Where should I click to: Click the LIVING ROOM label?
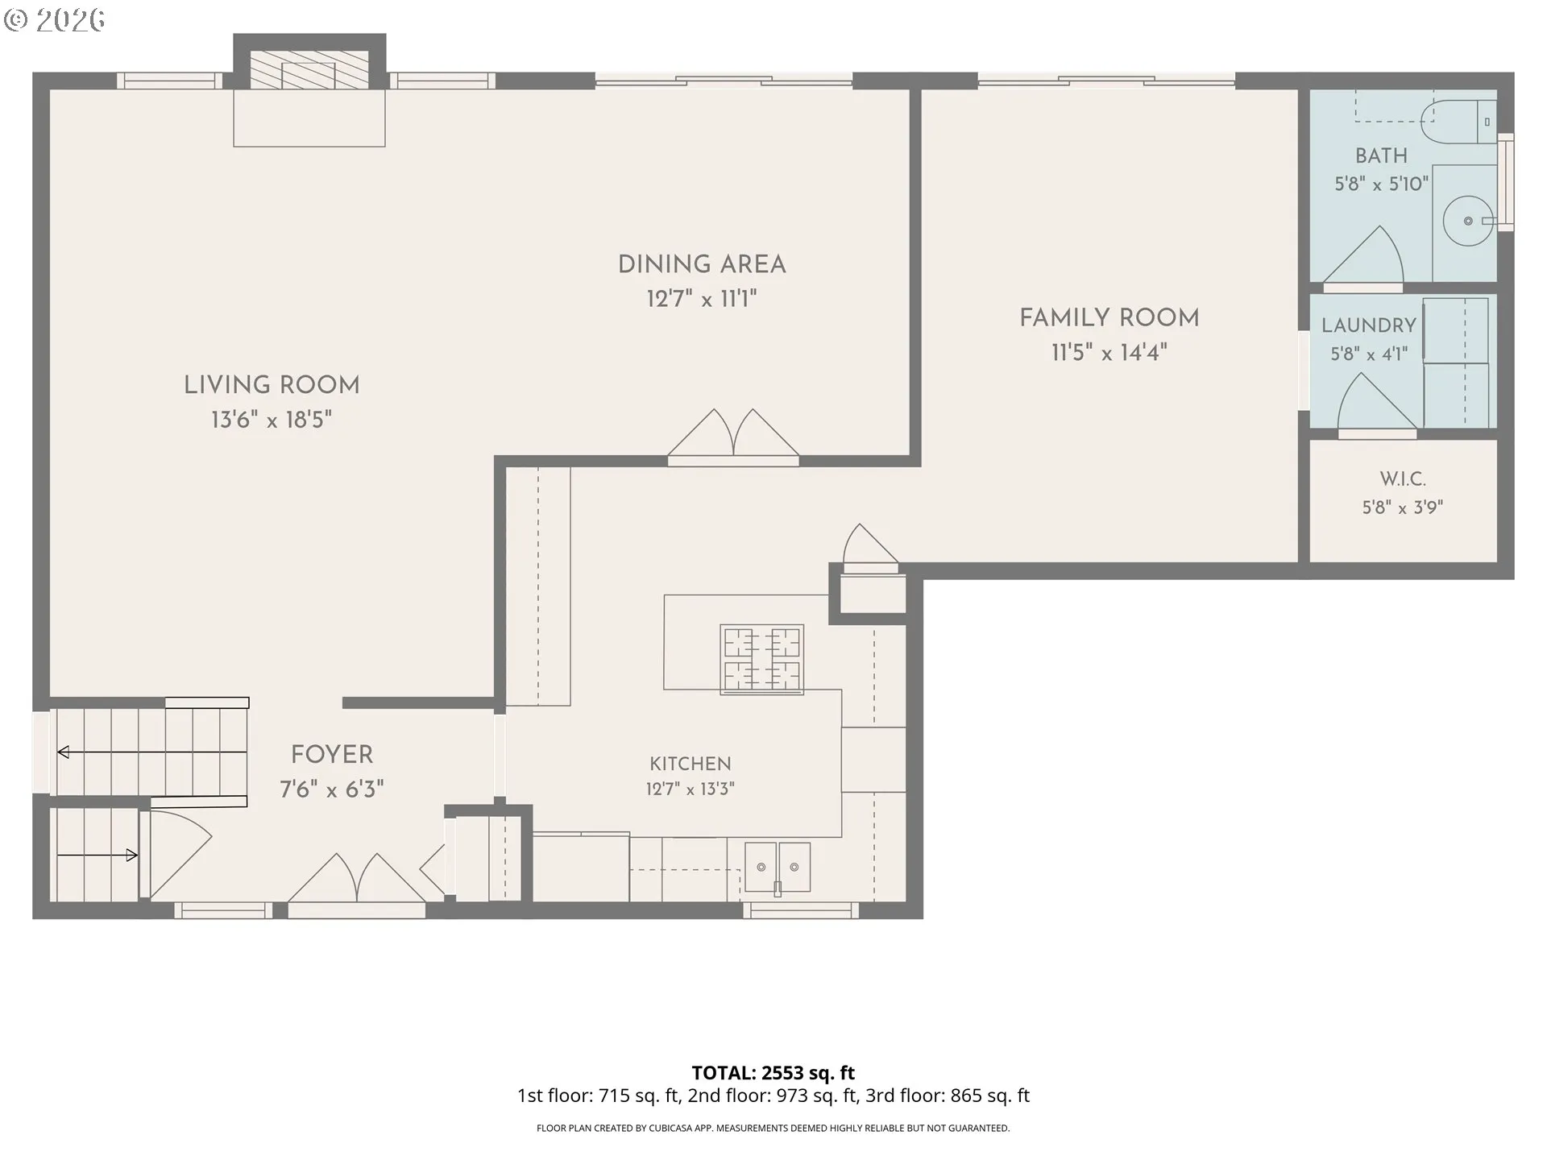click(272, 385)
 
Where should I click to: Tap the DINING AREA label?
click(702, 264)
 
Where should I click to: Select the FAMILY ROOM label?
click(1109, 318)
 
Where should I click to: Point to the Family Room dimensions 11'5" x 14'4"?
click(1109, 353)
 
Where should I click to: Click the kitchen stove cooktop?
click(761, 659)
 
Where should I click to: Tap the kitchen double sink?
click(778, 868)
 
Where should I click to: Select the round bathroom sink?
click(1468, 220)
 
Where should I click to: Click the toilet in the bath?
click(1459, 122)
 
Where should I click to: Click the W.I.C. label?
click(1403, 478)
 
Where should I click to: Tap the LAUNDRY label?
click(1369, 325)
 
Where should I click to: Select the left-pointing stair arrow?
click(152, 752)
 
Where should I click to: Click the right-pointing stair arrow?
click(97, 855)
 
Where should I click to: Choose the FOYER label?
click(332, 755)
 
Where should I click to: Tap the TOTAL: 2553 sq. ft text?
click(773, 1073)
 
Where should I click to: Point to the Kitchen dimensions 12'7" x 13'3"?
click(691, 789)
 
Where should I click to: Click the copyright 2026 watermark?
click(55, 20)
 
